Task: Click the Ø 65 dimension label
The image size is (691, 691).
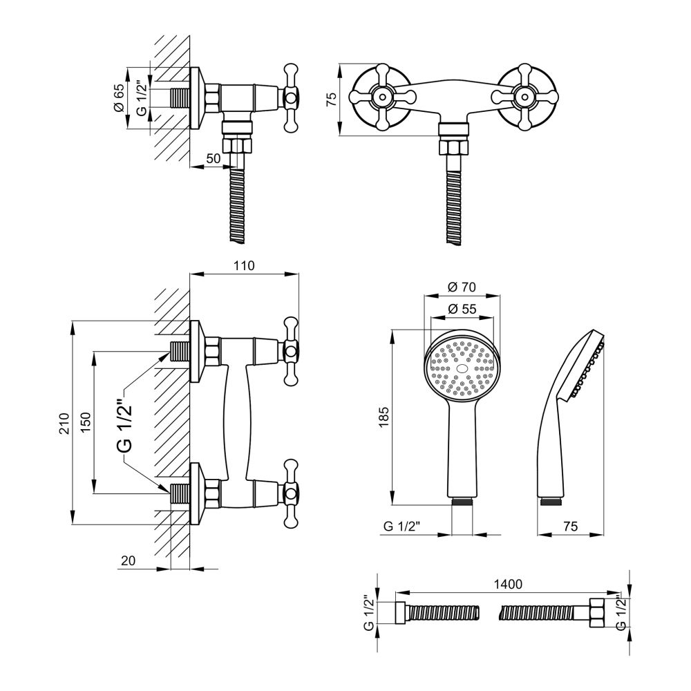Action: coord(119,98)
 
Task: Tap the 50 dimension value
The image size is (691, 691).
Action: coord(214,158)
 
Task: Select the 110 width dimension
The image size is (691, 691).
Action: coord(244,266)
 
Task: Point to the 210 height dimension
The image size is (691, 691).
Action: coord(65,423)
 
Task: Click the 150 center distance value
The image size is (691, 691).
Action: coord(85,422)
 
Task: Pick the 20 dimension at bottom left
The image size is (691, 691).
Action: coord(129,560)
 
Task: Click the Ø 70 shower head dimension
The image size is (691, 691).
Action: coord(462,287)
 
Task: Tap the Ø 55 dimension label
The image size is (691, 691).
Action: coord(462,309)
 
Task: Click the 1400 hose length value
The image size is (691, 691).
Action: coord(508,585)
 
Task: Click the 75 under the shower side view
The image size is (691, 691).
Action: coord(570,526)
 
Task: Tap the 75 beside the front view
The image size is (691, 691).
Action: coord(332,99)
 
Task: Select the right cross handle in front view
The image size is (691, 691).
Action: coord(524,97)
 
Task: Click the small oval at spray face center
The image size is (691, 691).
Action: coord(462,368)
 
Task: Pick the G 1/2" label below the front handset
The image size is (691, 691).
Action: coord(402,526)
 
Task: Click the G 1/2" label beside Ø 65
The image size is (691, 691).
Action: coord(142,98)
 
